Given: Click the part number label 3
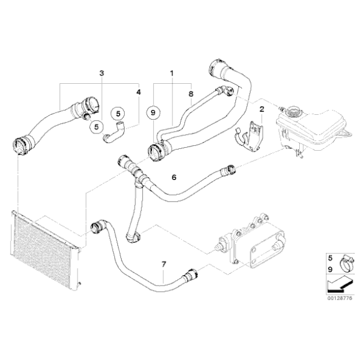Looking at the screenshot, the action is [102, 73].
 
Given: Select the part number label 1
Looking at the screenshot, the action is [172, 73].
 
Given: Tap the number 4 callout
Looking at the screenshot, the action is [138, 92].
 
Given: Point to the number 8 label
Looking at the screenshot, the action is [191, 94].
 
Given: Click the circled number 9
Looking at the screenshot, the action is [153, 112].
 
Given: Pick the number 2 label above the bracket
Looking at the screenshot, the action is [262, 109].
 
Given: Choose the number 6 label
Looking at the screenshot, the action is [174, 178].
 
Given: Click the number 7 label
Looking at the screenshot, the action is [163, 264].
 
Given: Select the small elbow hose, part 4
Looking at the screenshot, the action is [114, 133].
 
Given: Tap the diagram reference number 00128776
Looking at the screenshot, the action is [340, 299].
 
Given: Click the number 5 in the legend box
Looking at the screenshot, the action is [330, 258].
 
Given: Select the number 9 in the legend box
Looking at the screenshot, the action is [330, 269].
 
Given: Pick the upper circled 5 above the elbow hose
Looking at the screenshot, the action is [118, 114].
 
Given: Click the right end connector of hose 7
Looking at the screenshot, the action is [191, 274].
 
